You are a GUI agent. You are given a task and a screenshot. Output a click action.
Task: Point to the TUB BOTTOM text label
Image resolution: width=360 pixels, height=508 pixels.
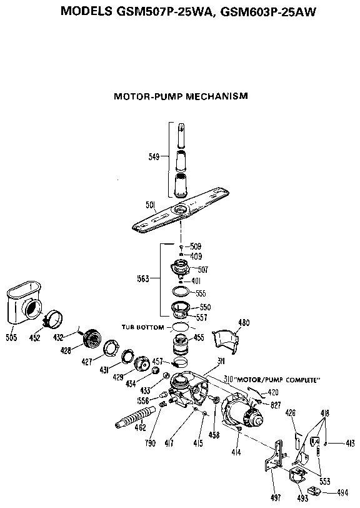[144, 327]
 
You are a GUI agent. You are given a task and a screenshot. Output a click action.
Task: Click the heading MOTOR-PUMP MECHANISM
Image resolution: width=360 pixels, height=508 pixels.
[181, 96]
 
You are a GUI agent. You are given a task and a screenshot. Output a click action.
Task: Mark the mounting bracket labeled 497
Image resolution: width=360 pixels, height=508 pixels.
[272, 463]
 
